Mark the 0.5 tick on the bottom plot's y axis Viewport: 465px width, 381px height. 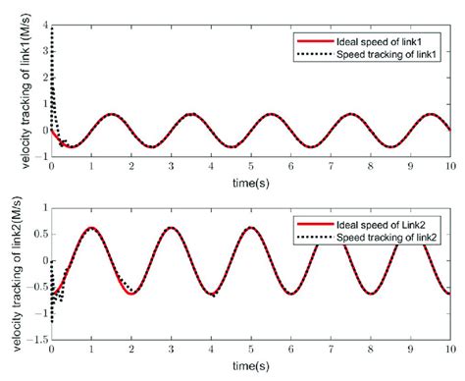point(37,235)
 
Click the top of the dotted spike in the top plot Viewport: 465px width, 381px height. point(52,27)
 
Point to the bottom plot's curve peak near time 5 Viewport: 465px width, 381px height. point(251,228)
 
